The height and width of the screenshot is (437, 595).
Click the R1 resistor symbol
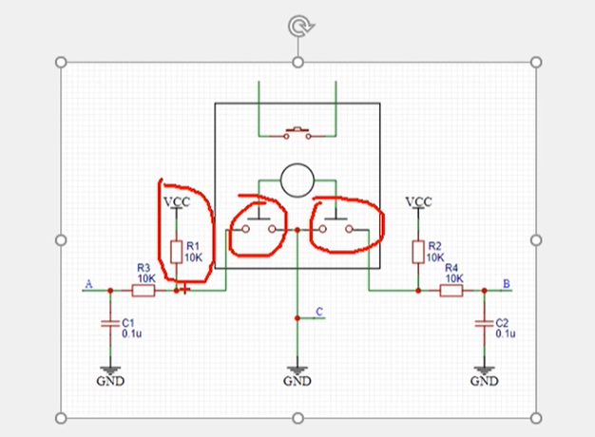pyautogui.click(x=176, y=252)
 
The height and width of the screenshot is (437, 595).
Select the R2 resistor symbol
pyautogui.click(x=418, y=251)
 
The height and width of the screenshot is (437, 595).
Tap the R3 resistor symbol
pyautogui.click(x=144, y=291)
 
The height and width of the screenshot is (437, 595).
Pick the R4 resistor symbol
pyautogui.click(x=451, y=291)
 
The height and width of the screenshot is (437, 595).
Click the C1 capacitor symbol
pyautogui.click(x=110, y=324)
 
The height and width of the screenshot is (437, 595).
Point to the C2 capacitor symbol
pyautogui.click(x=484, y=323)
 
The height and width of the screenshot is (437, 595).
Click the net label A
pyautogui.click(x=89, y=284)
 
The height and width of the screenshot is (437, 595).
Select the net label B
pyautogui.click(x=506, y=284)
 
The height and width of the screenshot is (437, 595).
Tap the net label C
pyautogui.click(x=319, y=312)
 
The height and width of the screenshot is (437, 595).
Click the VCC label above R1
pyautogui.click(x=176, y=202)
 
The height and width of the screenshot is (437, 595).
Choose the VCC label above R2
pyautogui.click(x=418, y=201)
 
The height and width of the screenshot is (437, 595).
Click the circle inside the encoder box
pyautogui.click(x=297, y=179)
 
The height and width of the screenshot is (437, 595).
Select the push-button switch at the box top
pyautogui.click(x=297, y=133)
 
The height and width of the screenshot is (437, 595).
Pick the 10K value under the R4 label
pyautogui.click(x=453, y=279)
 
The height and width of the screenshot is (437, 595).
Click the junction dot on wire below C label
pyautogui.click(x=297, y=319)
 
